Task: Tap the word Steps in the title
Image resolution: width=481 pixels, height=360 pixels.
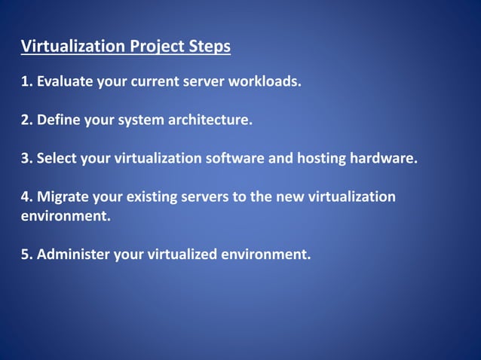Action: [210, 47]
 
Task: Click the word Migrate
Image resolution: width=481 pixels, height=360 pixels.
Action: [61, 197]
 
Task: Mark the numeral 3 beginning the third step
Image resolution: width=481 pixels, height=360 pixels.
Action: [25, 159]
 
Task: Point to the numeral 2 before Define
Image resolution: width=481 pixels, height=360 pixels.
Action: [25, 120]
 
